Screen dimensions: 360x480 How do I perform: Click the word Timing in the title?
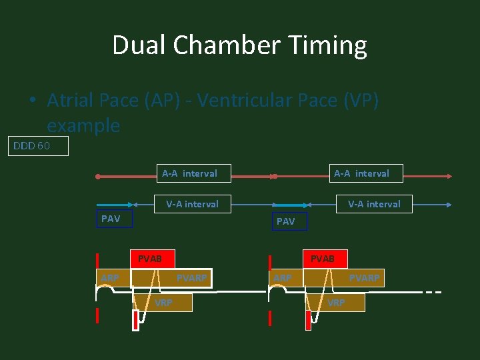click(x=327, y=45)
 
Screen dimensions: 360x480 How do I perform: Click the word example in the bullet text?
click(x=83, y=125)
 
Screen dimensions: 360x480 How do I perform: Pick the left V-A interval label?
click(x=193, y=204)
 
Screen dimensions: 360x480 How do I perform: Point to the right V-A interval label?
click(x=374, y=204)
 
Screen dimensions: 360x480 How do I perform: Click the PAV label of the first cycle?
click(x=111, y=219)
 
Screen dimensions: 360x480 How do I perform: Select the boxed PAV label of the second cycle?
click(x=285, y=221)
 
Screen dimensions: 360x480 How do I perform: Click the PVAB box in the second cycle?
click(x=323, y=259)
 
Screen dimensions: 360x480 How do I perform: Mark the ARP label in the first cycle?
click(x=111, y=278)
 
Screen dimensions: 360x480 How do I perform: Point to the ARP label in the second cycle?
click(x=281, y=278)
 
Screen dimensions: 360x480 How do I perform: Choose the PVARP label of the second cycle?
click(x=364, y=278)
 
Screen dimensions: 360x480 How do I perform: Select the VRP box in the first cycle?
click(x=164, y=303)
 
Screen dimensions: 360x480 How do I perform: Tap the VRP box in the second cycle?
click(x=336, y=303)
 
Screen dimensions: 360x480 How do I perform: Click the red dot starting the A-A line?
click(x=98, y=177)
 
